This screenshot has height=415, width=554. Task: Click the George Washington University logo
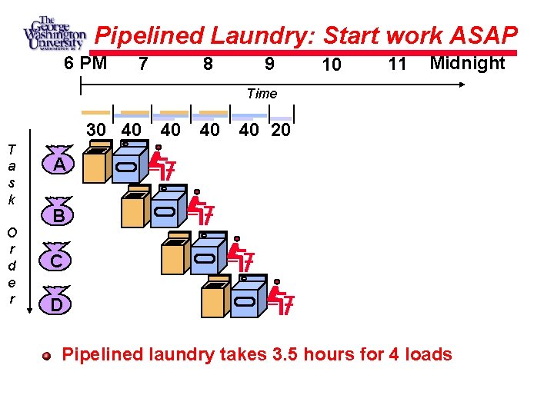54,34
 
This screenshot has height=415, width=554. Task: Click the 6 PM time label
85,63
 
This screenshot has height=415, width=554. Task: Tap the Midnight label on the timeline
467,63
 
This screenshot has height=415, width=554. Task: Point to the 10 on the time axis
332,65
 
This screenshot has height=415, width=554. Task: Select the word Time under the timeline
262,93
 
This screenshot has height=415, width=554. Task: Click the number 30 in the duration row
96,130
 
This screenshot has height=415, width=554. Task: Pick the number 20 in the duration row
281,130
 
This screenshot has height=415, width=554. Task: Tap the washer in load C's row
174,254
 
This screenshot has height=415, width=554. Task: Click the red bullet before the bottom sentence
48,356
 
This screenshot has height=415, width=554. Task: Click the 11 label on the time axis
397,65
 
